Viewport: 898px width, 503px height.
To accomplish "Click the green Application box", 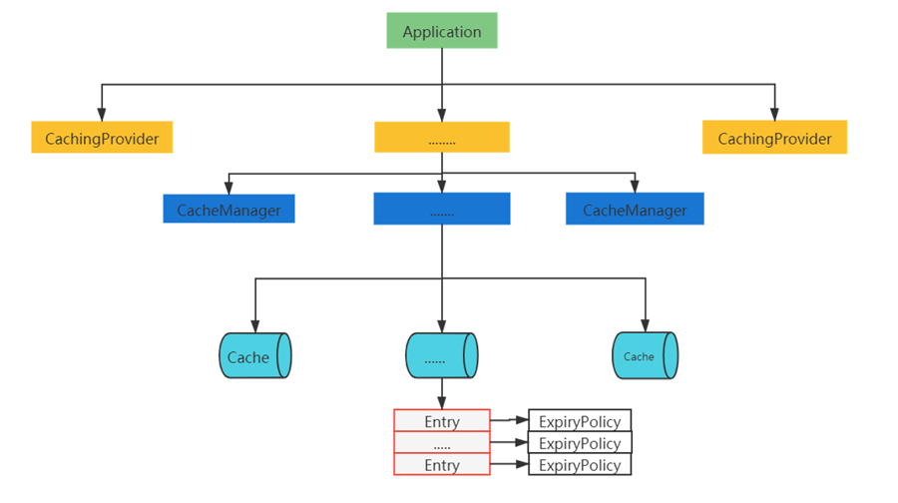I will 442,31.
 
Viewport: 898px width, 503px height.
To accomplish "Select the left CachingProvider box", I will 102,138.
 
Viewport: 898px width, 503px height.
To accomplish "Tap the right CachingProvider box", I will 774,138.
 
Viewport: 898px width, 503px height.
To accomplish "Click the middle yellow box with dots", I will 442,138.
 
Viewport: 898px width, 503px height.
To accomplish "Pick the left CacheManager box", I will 228,210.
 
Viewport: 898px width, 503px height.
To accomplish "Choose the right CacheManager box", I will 635,210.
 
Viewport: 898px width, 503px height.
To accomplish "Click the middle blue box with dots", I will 442,210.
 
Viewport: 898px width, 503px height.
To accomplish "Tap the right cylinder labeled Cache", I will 645,355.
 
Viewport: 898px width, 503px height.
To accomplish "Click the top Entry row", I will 442,421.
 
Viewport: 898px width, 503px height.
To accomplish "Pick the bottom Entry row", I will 442,465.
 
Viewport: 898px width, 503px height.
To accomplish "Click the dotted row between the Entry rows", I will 442,443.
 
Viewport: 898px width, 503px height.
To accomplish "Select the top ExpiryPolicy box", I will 580,421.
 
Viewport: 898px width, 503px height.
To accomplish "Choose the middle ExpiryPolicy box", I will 580,443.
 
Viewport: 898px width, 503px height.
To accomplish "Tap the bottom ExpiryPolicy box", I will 580,465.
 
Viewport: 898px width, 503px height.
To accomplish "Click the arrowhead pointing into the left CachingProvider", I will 102,116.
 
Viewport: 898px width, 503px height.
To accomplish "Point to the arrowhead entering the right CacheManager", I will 635,188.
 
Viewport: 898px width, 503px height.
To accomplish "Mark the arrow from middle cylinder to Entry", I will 442,395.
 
